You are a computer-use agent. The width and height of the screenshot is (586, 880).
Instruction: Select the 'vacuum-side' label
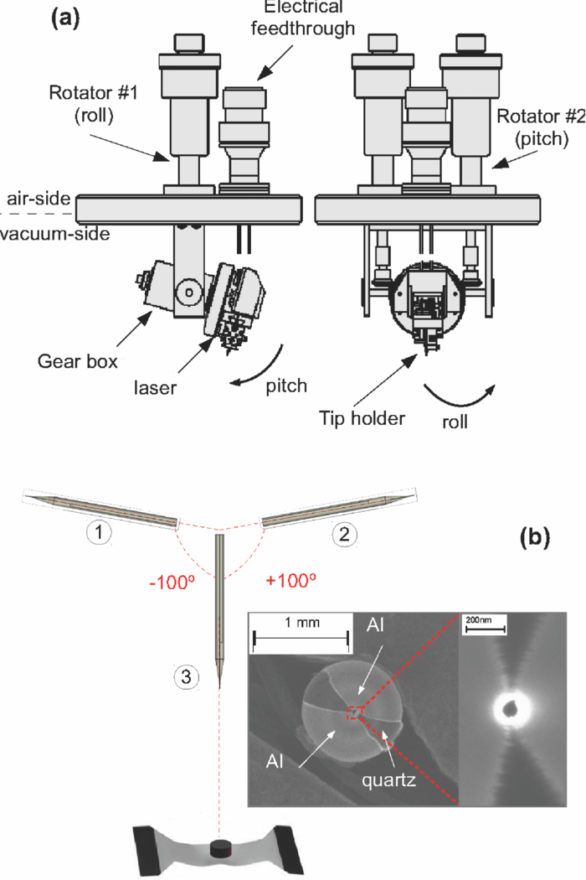pos(55,235)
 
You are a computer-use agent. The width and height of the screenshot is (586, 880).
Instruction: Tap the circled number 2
pos(341,531)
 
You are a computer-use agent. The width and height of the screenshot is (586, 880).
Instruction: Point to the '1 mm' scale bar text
pos(299,624)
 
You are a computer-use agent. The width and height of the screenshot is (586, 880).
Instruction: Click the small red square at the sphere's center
pos(353,713)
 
